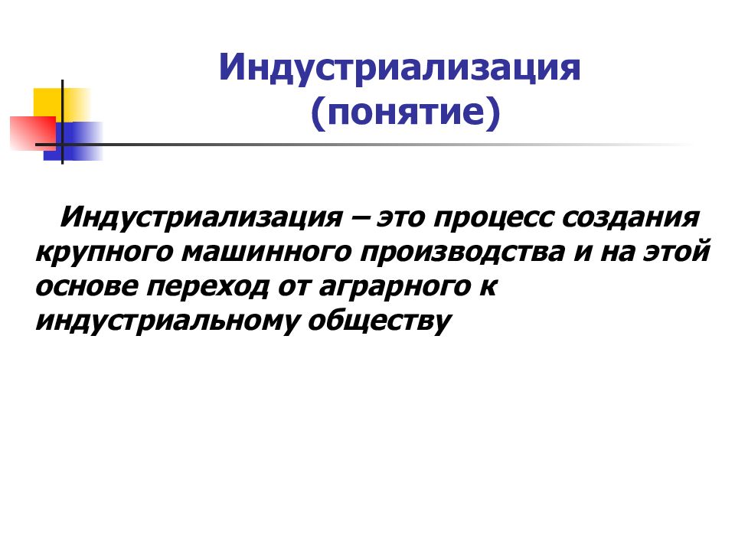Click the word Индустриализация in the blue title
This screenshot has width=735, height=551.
click(x=400, y=67)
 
